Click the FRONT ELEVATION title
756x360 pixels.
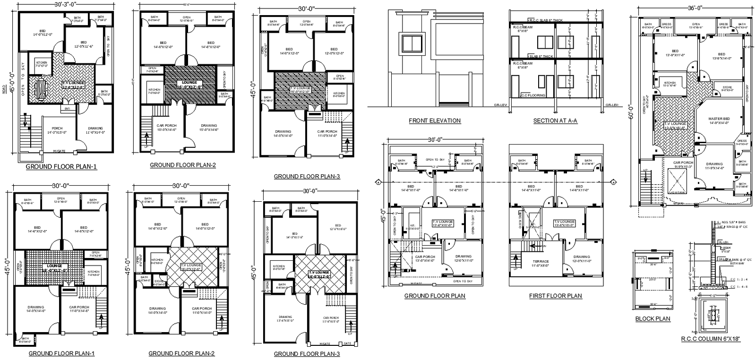(435, 120)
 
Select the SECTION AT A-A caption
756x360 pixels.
(555, 120)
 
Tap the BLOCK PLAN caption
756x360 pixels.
(653, 318)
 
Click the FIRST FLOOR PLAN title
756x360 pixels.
(556, 296)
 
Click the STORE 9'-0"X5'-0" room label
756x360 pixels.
(727, 88)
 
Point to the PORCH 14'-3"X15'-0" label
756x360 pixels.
(57, 130)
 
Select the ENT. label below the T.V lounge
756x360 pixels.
(67, 109)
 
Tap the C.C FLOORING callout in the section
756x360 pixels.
(533, 95)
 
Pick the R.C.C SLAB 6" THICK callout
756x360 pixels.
(545, 20)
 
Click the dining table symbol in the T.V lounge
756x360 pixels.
(40, 89)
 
